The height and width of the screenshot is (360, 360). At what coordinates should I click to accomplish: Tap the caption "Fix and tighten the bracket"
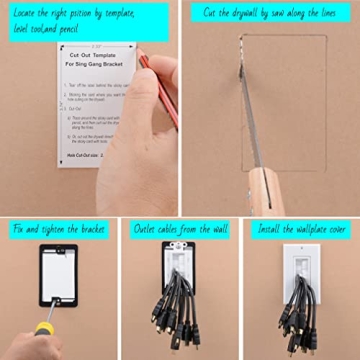(59, 229)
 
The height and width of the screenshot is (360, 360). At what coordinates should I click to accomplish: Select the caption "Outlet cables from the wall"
(180, 229)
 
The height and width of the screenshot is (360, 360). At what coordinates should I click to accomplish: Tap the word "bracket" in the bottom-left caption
(87, 229)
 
